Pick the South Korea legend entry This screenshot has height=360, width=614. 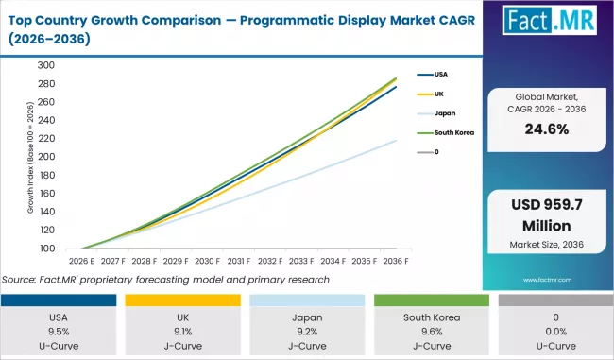point(451,132)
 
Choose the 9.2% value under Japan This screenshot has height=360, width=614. point(307,333)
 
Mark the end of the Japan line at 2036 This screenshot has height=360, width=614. point(396,141)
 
